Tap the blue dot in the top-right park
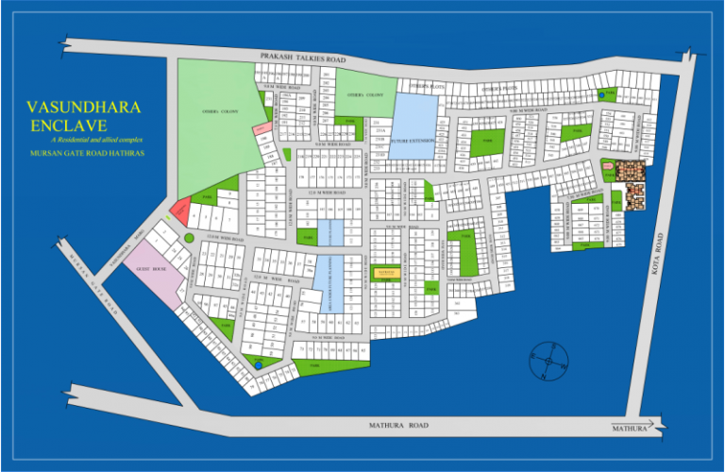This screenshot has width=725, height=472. pyautogui.click(x=601, y=93)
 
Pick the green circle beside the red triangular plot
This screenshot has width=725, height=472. pyautogui.click(x=189, y=238)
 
